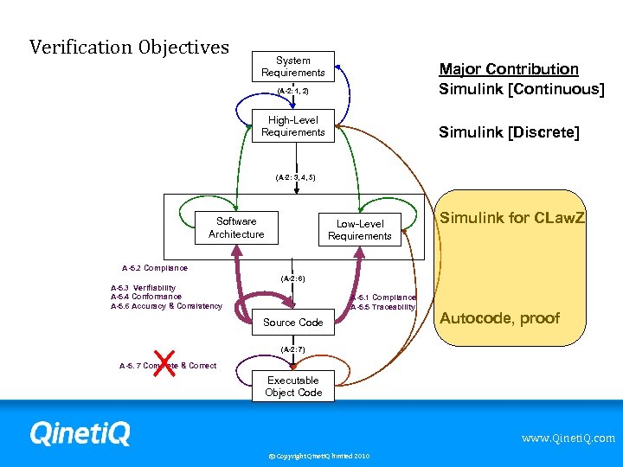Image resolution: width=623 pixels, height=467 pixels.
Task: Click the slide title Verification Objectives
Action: (129, 47)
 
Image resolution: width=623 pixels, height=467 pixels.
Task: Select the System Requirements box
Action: (293, 67)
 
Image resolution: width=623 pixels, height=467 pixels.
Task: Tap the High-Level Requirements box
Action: (293, 126)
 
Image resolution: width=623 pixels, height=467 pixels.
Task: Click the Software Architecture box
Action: (236, 227)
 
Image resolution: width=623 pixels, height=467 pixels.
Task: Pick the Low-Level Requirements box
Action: (359, 230)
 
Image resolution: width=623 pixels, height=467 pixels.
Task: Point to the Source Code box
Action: (293, 323)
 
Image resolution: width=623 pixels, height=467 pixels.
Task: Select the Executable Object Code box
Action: (293, 387)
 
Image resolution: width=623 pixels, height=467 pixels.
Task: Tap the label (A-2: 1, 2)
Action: (293, 90)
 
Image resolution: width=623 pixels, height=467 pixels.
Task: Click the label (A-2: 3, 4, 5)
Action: (295, 177)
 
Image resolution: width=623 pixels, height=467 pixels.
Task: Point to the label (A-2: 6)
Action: (293, 278)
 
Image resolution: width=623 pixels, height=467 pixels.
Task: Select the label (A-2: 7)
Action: (293, 349)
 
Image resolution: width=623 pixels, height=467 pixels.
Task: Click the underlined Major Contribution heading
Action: (509, 69)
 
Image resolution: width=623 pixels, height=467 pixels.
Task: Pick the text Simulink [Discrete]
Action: (509, 132)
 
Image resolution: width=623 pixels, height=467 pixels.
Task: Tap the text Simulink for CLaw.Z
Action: (512, 218)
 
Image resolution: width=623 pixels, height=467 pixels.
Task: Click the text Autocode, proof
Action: (500, 318)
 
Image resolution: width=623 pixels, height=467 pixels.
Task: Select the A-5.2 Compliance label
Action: (154, 268)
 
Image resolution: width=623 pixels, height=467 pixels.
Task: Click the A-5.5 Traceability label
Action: (383, 307)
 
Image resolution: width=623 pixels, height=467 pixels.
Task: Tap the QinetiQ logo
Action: (80, 432)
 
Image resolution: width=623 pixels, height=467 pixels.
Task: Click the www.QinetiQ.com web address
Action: (568, 438)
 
